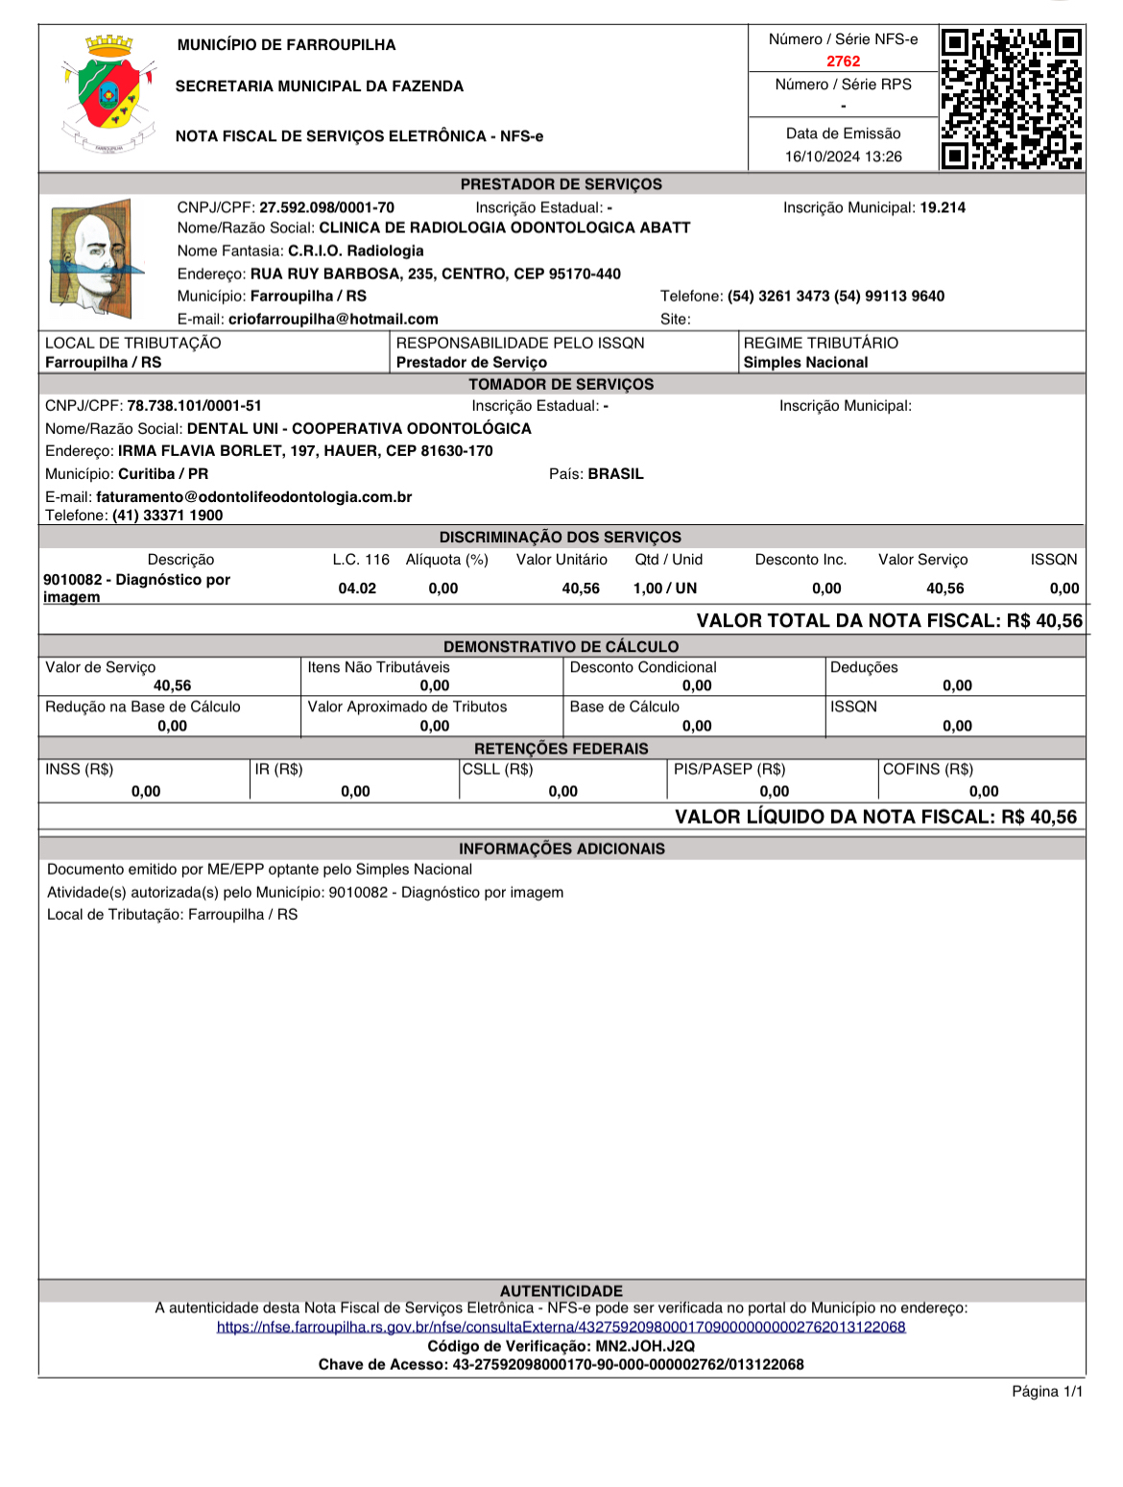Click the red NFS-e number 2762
tap(843, 61)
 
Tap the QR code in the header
tap(1012, 99)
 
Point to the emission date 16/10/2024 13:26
tap(843, 156)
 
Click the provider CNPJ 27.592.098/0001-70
tap(326, 207)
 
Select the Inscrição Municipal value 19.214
tap(943, 207)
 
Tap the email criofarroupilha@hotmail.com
tap(333, 319)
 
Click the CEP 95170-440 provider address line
tap(436, 274)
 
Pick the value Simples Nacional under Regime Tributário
tap(805, 362)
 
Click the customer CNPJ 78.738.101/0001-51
tap(194, 406)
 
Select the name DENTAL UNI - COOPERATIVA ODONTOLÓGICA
tap(359, 428)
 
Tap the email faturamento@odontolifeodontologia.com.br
tap(253, 497)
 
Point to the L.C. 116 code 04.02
tap(357, 588)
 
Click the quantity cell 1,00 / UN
tap(665, 588)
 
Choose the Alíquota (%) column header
tap(446, 560)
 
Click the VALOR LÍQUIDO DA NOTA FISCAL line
tap(875, 817)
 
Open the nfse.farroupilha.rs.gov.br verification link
tap(561, 1327)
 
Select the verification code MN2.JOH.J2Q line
tap(561, 1346)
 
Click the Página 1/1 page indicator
tap(1047, 1391)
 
